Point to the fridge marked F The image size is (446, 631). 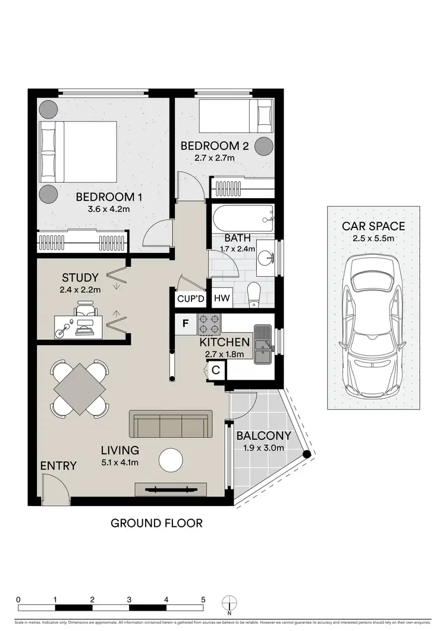click(186, 324)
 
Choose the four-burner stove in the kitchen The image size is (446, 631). click(209, 324)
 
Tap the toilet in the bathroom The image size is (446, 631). click(254, 293)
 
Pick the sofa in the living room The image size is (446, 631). click(171, 424)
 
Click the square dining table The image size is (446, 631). click(80, 389)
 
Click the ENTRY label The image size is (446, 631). click(58, 466)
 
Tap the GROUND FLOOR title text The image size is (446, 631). click(156, 524)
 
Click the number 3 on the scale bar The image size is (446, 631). click(129, 599)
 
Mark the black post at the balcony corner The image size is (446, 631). click(307, 455)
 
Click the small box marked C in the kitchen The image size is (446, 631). click(216, 370)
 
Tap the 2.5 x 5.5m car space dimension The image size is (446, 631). click(373, 239)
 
